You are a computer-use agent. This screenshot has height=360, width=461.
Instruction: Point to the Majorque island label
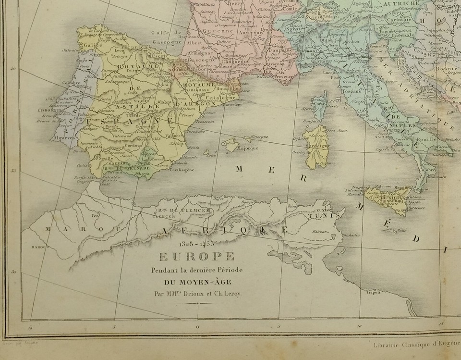tap(248, 148)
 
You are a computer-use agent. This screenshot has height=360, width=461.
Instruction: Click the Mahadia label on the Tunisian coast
tap(352, 236)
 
